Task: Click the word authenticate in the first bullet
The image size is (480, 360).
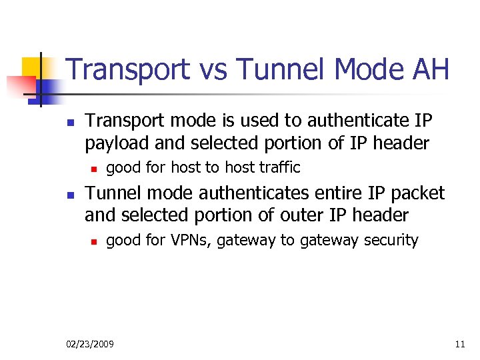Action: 344,121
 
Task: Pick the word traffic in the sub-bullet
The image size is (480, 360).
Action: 279,167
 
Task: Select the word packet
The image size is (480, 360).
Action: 419,193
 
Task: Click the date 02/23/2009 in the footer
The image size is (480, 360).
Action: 90,344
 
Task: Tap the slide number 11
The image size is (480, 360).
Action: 460,344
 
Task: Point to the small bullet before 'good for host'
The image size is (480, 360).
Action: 95,168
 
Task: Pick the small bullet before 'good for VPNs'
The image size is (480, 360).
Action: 95,241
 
